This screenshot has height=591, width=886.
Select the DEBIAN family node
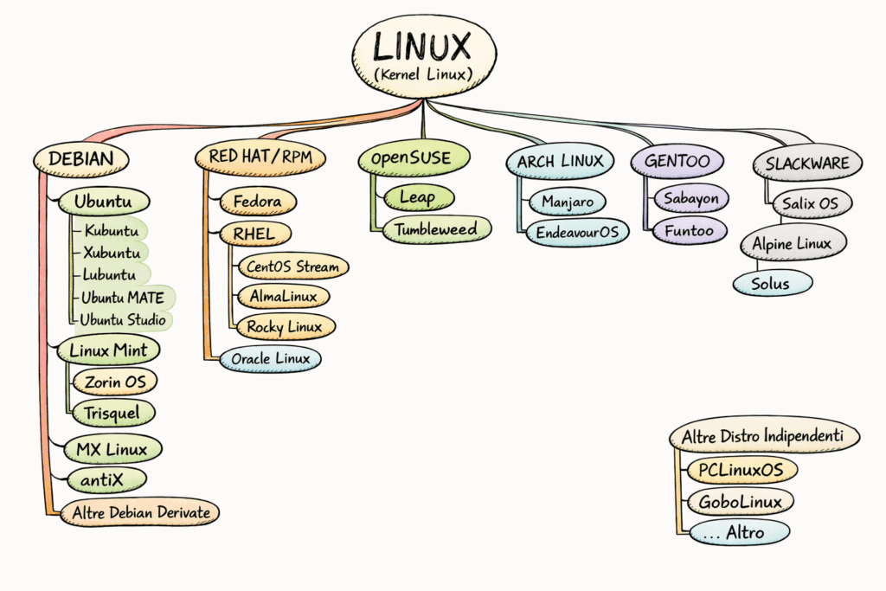point(81,158)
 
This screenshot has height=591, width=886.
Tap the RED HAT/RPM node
point(260,157)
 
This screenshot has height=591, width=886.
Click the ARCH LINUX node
point(561,161)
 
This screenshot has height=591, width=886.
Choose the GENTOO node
point(671,160)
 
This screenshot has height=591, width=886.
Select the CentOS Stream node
point(293,267)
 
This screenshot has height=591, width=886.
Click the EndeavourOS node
point(576,233)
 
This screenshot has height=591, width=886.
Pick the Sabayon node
point(691,198)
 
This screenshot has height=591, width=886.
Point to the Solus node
point(770,284)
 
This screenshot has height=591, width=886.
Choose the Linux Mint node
point(109,350)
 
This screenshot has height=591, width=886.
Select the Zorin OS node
point(115,381)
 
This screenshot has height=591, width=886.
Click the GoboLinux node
point(741,501)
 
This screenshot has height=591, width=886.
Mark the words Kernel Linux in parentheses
point(423,74)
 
